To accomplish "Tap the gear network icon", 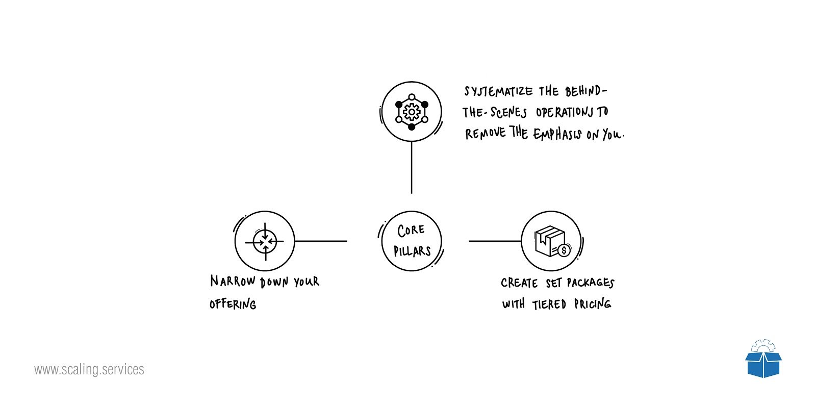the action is [412, 112].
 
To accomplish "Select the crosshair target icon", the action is [265, 241].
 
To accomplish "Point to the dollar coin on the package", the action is [564, 250].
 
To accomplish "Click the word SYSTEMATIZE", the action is [498, 91].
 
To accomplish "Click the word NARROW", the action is [233, 281].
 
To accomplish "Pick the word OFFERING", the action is [233, 304].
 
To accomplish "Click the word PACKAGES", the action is [591, 283].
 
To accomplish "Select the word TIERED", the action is [549, 304].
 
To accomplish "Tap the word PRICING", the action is [593, 303].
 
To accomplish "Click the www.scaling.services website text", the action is [89, 369].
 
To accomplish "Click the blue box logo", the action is [763, 359].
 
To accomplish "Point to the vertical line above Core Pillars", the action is [412, 168].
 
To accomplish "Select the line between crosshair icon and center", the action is [321, 241].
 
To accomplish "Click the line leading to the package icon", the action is [495, 241].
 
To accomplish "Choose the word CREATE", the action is [519, 283].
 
